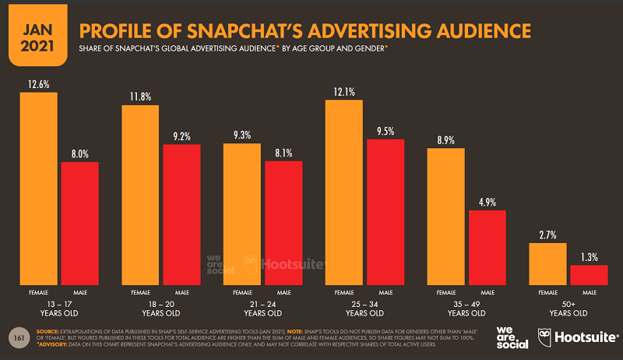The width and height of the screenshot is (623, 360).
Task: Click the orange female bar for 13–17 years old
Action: (39, 187)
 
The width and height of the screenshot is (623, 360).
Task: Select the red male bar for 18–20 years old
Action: (181, 214)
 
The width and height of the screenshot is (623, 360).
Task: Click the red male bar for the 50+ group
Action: (588, 275)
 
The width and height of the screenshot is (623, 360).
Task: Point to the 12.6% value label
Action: (39, 83)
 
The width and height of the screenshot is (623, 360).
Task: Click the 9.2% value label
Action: (181, 136)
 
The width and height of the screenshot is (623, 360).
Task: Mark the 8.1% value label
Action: (283, 153)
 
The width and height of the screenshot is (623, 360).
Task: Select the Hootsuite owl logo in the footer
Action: (546, 338)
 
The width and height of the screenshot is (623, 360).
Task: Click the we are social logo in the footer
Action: (511, 338)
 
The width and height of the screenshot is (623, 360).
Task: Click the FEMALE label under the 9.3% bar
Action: (241, 292)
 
